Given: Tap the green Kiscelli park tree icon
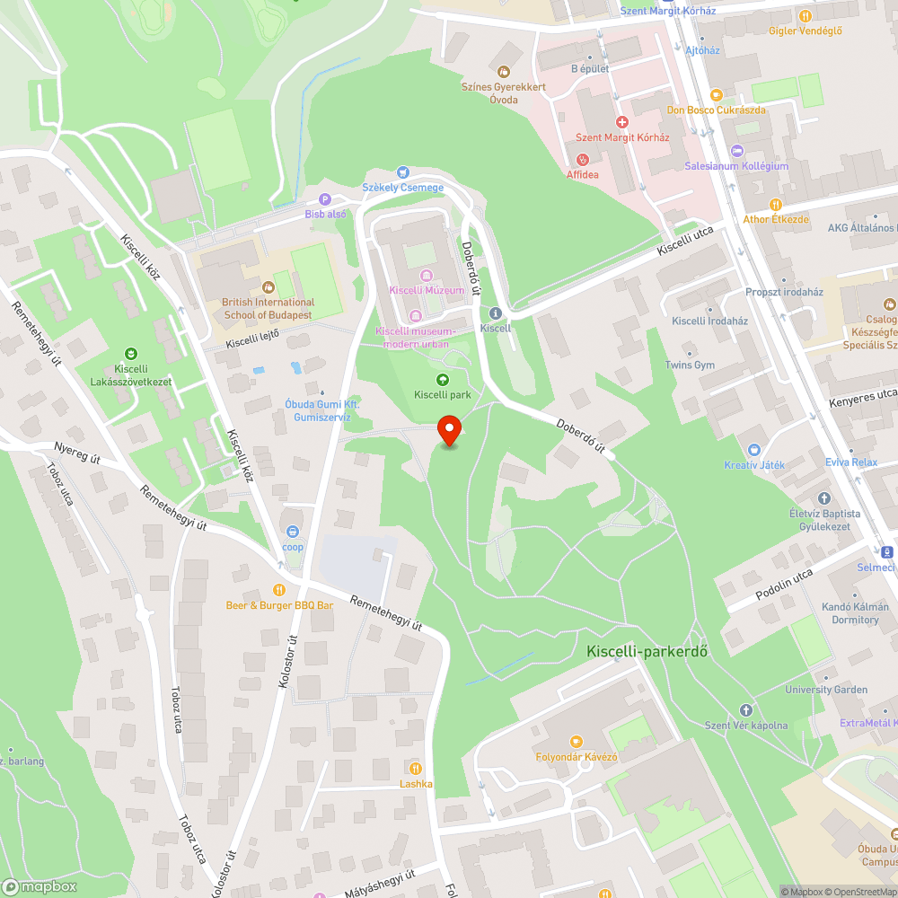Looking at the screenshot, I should pyautogui.click(x=442, y=381).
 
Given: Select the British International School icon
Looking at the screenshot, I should pyautogui.click(x=268, y=287).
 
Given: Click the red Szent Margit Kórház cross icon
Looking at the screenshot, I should pyautogui.click(x=621, y=122).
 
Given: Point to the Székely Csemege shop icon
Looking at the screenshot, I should pyautogui.click(x=402, y=172).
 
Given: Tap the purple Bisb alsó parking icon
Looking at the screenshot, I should pyautogui.click(x=325, y=199).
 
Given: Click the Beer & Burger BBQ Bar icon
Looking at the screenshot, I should pyautogui.click(x=279, y=590).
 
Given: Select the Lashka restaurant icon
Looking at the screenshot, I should pyautogui.click(x=416, y=768).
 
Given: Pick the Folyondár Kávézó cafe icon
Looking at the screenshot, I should pyautogui.click(x=577, y=742).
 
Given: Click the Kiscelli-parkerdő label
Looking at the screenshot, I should pyautogui.click(x=647, y=651).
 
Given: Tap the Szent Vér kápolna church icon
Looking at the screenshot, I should pyautogui.click(x=745, y=710).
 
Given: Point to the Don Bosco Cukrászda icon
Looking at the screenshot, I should pyautogui.click(x=716, y=94).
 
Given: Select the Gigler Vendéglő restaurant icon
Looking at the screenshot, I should pyautogui.click(x=806, y=15).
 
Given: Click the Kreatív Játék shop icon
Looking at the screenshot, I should pyautogui.click(x=754, y=449).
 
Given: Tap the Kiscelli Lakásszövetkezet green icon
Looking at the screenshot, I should pyautogui.click(x=131, y=353).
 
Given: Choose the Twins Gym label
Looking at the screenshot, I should pyautogui.click(x=691, y=365).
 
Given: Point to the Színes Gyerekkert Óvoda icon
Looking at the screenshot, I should pyautogui.click(x=503, y=71).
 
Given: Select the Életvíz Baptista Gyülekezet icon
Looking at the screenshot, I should pyautogui.click(x=824, y=498).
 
